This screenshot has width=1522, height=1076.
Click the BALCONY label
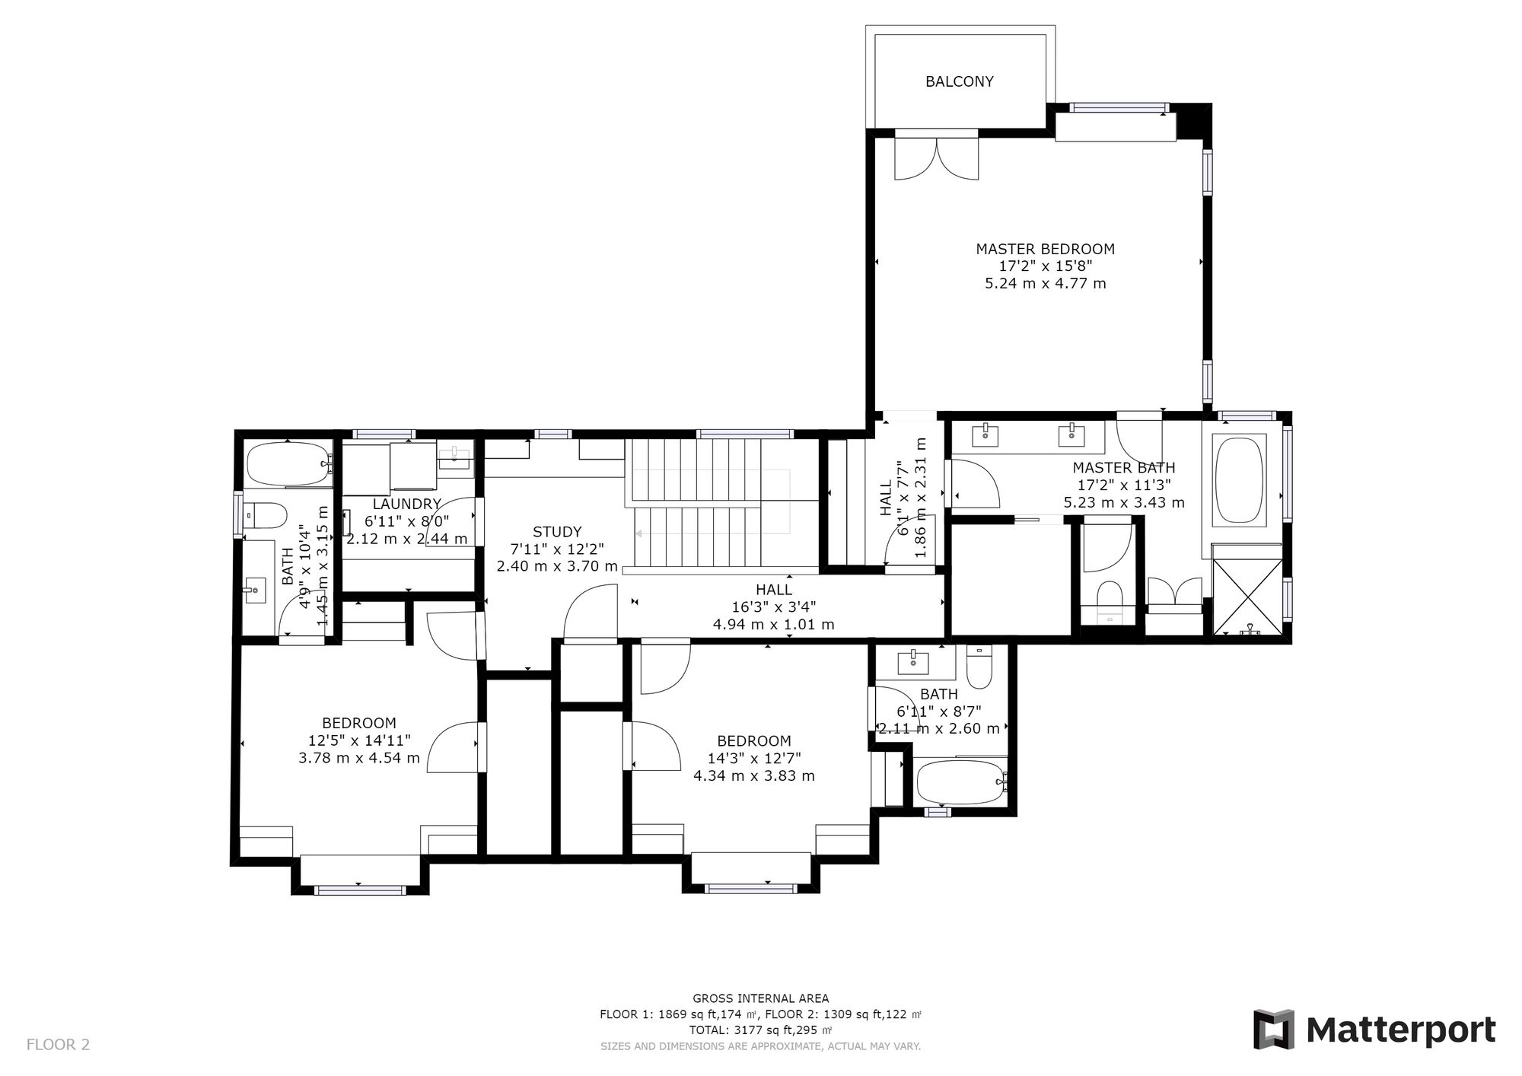pos(959,81)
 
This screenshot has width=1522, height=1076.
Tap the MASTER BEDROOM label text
pos(1045,249)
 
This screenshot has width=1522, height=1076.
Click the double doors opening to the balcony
pos(936,158)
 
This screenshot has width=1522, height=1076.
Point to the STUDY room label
pos(556,532)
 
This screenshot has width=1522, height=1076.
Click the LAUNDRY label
pos(406,504)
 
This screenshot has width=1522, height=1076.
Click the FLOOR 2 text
pos(58,1045)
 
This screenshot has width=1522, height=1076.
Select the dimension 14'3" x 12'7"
pos(753,758)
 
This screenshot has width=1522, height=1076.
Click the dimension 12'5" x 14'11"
pos(359,740)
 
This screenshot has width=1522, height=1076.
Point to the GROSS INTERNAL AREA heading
pos(760,998)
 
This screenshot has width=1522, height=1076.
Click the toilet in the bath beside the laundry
pos(266,516)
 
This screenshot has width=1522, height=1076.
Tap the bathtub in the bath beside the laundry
pos(288,464)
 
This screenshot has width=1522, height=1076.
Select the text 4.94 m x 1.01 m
pos(773,625)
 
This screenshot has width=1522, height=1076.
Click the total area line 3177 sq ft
pos(760,1030)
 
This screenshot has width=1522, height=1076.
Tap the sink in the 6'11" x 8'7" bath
pos(913,662)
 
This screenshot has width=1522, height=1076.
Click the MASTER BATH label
pos(1123,468)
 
